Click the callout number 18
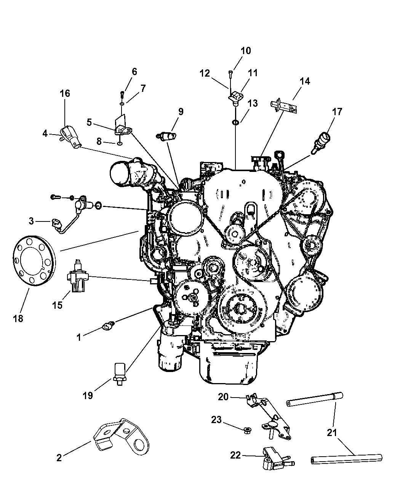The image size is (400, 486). click(18, 318)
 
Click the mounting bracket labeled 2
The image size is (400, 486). click(121, 436)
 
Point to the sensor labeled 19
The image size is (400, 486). click(119, 376)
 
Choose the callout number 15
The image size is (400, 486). click(57, 305)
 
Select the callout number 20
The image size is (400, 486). click(223, 397)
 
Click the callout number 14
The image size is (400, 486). click(305, 81)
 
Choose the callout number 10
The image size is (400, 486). click(246, 51)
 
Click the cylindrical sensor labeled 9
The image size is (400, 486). click(166, 136)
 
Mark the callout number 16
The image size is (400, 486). click(65, 93)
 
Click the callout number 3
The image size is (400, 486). click(31, 221)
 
